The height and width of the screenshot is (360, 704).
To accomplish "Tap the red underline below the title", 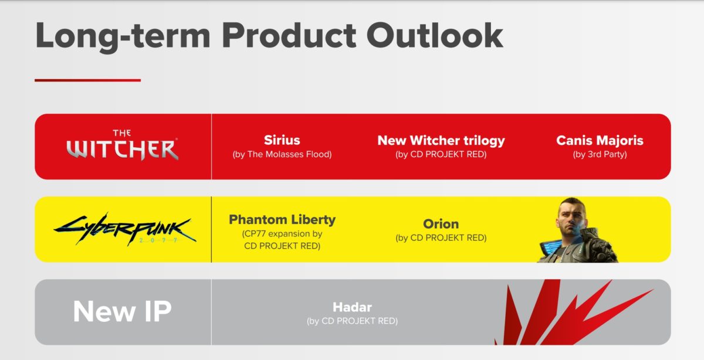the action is click(x=87, y=80).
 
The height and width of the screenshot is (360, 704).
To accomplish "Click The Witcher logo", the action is click(x=122, y=145).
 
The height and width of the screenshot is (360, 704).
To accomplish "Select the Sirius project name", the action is click(x=282, y=140).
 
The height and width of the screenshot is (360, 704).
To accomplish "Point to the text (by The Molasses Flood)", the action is click(x=282, y=154).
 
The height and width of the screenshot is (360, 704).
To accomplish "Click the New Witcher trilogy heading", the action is click(x=441, y=141).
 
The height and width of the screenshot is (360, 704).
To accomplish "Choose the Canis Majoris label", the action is click(x=600, y=140).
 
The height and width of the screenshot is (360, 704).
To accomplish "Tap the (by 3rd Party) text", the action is click(x=600, y=154).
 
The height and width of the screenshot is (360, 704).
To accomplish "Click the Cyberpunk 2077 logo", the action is click(x=125, y=230).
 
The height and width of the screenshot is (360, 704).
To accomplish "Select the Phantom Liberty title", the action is click(x=282, y=220).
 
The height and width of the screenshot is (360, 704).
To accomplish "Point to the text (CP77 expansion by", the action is click(x=282, y=234).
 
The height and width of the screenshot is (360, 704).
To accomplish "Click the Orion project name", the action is click(x=441, y=224).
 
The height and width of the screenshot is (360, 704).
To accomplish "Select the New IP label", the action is click(x=122, y=311).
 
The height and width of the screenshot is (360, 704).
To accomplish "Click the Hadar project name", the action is click(x=352, y=307).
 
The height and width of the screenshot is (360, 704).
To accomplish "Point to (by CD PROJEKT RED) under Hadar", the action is click(x=352, y=321).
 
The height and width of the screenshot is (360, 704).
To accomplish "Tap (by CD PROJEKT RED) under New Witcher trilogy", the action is click(x=441, y=154).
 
